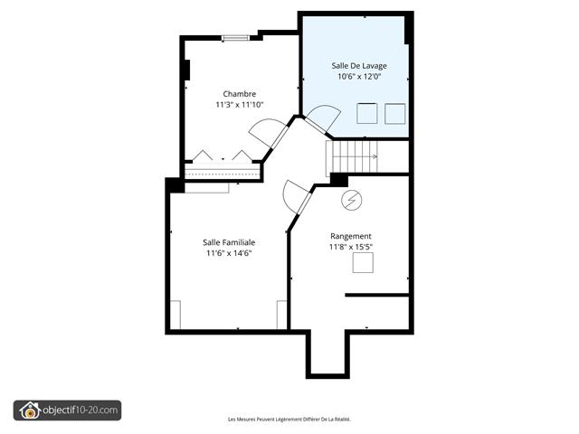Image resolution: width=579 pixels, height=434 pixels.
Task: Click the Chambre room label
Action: [239, 94]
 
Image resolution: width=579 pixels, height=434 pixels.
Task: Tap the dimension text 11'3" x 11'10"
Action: [239, 105]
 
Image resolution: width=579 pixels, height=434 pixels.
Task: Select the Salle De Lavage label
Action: [359, 66]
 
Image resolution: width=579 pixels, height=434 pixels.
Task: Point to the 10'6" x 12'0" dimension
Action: [359, 77]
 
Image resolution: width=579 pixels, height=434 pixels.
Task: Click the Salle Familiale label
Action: [229, 242]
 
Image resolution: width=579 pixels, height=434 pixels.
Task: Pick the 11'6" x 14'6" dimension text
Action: [229, 253]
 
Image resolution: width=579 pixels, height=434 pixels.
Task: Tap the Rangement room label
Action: [350, 236]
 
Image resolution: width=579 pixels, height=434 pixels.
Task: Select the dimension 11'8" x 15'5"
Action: [350, 247]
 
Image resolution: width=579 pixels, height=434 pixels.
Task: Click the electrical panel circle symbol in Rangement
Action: [352, 201]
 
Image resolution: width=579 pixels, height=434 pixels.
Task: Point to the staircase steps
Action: [352, 156]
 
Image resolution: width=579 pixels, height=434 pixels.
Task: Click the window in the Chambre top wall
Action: [235, 38]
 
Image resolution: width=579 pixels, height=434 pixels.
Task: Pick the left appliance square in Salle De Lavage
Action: [366, 113]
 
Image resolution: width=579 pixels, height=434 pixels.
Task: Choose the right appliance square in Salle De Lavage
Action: [394, 113]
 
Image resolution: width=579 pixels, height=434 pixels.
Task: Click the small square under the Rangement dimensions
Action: [363, 262]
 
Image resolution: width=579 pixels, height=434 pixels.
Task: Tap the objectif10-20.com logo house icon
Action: [30, 410]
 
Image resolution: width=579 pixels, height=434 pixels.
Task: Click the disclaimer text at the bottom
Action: [289, 420]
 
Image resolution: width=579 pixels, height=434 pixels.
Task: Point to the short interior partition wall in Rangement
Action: [377, 295]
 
